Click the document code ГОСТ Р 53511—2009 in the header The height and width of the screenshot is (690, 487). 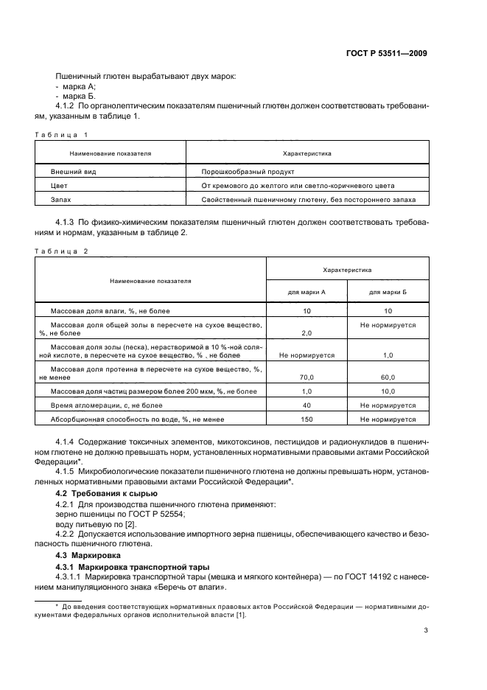pyautogui.click(x=387, y=54)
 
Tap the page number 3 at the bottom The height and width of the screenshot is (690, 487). pyautogui.click(x=426, y=630)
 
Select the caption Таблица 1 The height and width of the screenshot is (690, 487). pyautogui.click(x=61, y=134)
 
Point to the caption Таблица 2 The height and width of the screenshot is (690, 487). pyautogui.click(x=61, y=251)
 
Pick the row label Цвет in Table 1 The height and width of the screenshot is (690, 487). pyautogui.click(x=58, y=186)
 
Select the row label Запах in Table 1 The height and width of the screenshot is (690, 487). pyautogui.click(x=61, y=200)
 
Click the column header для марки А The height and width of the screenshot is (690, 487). pyautogui.click(x=306, y=292)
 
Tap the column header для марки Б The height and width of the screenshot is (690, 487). pyautogui.click(x=388, y=292)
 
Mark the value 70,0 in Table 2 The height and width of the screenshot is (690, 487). pyautogui.click(x=306, y=376)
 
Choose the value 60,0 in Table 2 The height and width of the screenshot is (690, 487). pyautogui.click(x=388, y=376)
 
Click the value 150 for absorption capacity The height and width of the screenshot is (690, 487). pyautogui.click(x=306, y=419)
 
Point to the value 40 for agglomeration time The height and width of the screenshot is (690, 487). pyautogui.click(x=306, y=405)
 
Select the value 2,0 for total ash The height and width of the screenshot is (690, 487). pyautogui.click(x=306, y=333)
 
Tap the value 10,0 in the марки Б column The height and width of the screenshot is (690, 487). pyautogui.click(x=388, y=391)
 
